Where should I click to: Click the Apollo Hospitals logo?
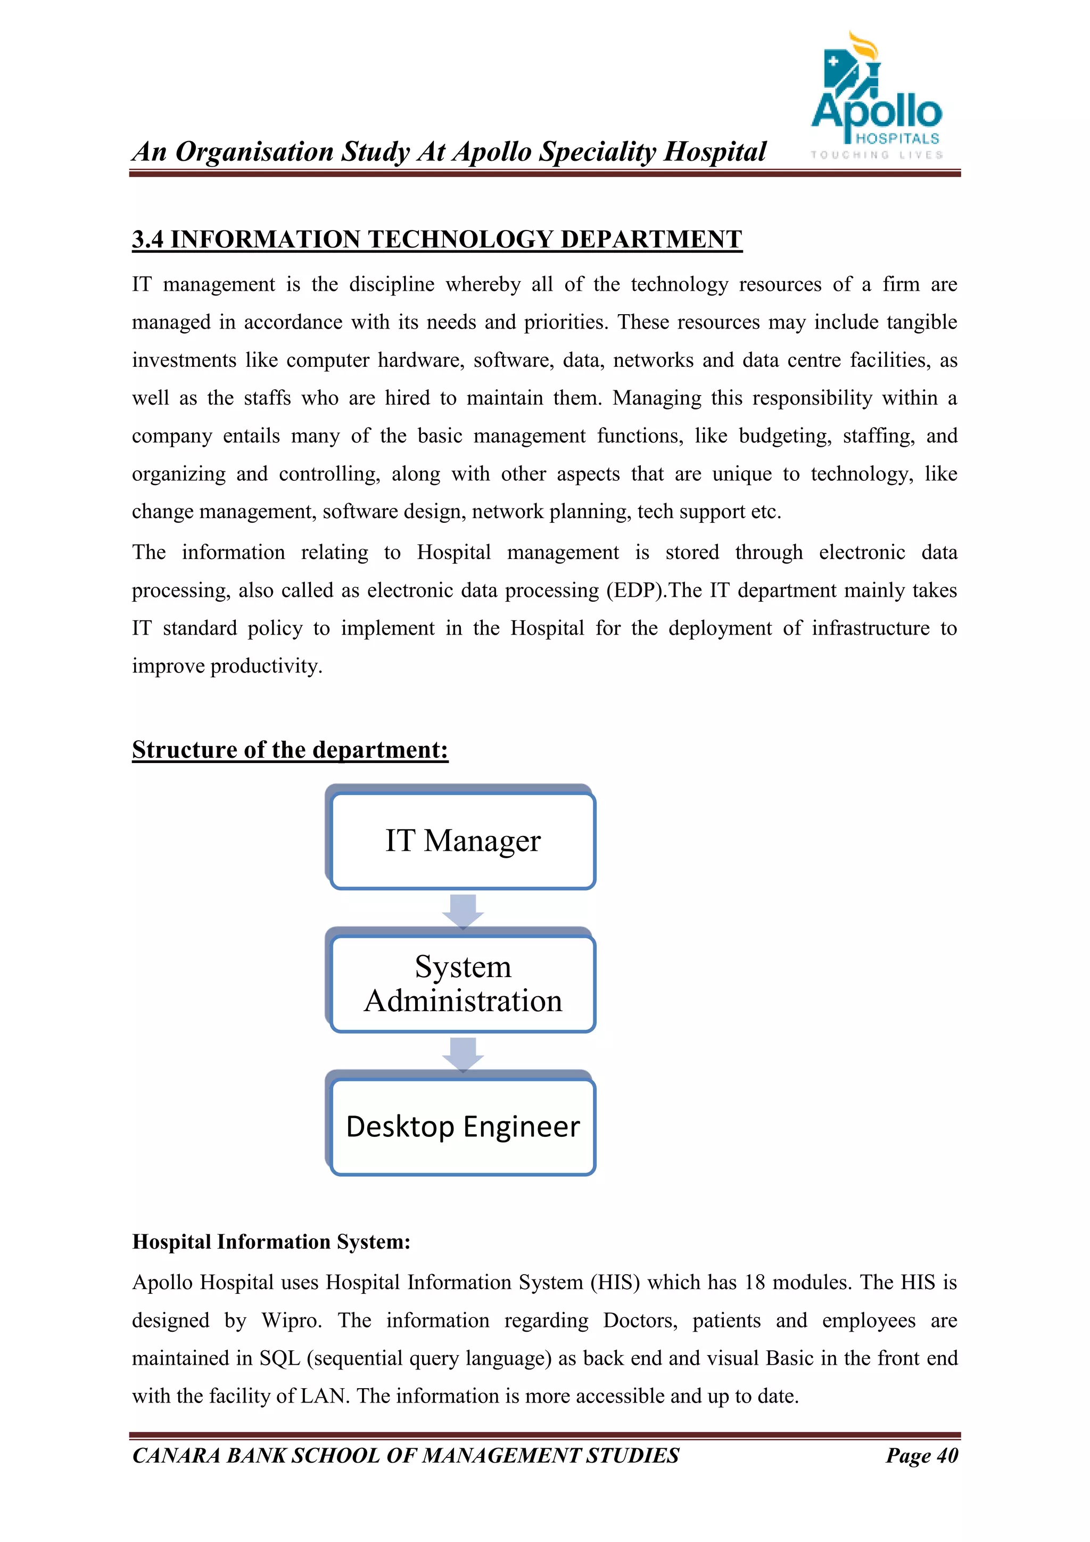pos(876,97)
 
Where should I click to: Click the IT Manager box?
pos(463,841)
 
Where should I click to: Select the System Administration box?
pos(463,984)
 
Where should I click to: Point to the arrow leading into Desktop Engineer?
pos(463,1054)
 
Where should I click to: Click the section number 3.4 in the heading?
pos(147,239)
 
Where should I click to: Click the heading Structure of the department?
pos(290,750)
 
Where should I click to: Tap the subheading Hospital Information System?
pos(270,1242)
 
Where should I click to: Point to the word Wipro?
pos(291,1320)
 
